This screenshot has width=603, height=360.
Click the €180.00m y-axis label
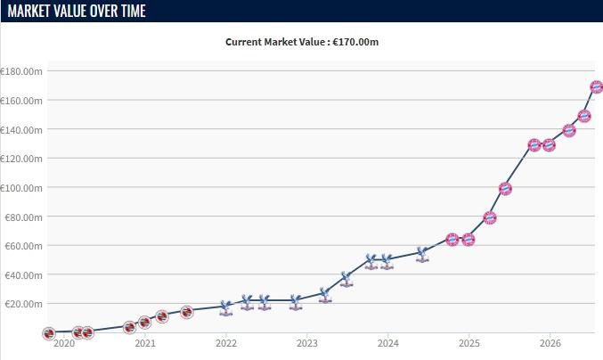[21, 71]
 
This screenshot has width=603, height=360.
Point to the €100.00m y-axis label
[21, 188]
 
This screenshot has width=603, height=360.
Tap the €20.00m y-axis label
[23, 304]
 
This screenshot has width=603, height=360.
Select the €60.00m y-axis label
[23, 246]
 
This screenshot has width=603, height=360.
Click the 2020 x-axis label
[64, 343]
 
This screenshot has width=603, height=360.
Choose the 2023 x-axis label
[307, 343]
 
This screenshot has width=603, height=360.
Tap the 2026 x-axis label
[550, 343]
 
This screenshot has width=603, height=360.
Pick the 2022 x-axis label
[226, 343]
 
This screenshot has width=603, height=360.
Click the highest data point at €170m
[597, 87]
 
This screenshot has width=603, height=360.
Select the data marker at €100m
[505, 188]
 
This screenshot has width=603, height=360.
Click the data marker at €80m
[490, 218]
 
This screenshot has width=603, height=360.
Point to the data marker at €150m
[584, 116]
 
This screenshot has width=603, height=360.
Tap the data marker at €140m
[569, 131]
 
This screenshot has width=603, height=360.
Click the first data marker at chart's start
[49, 333]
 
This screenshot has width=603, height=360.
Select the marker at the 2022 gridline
[225, 308]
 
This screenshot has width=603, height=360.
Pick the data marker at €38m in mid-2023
[346, 279]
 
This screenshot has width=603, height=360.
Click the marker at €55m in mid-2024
[422, 255]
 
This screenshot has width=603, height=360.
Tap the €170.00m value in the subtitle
[355, 42]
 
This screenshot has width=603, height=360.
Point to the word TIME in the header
[134, 11]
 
